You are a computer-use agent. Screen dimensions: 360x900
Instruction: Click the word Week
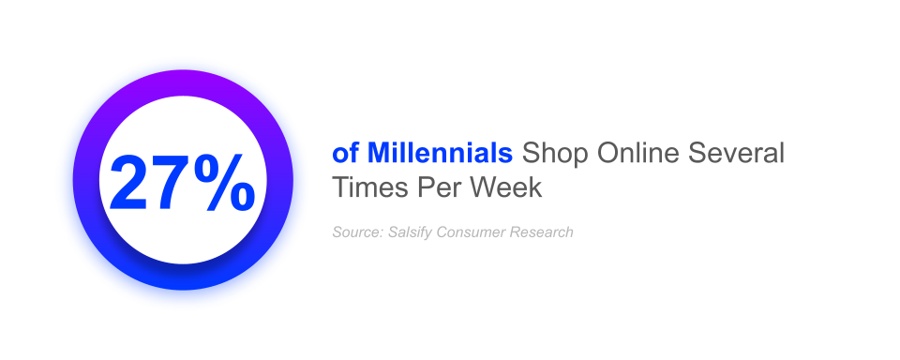coord(506,187)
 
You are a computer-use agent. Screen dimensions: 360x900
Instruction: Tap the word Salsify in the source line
coord(410,232)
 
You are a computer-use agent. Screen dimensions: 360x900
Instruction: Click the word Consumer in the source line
coord(472,232)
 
